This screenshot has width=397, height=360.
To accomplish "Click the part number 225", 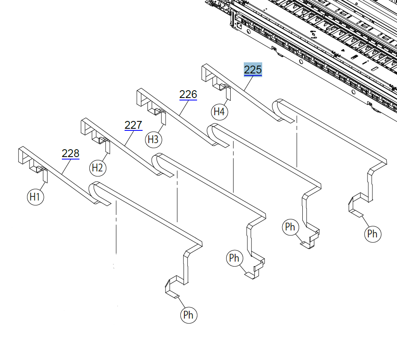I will tap(253, 70).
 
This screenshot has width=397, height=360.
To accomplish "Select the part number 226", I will tap(188, 95).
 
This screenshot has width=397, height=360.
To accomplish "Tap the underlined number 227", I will tap(134, 125).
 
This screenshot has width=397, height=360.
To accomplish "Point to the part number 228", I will tap(70, 154).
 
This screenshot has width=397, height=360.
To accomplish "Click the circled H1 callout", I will tap(35, 197).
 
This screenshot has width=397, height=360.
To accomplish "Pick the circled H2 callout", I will tap(98, 168).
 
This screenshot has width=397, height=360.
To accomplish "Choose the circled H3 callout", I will tap(153, 139).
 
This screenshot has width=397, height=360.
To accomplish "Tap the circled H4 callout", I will tap(220, 112).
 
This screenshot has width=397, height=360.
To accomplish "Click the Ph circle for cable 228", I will tap(188, 315).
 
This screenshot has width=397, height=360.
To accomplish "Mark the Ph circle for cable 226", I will tap(290, 227).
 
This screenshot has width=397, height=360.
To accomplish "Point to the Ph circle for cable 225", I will tap(372, 234).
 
